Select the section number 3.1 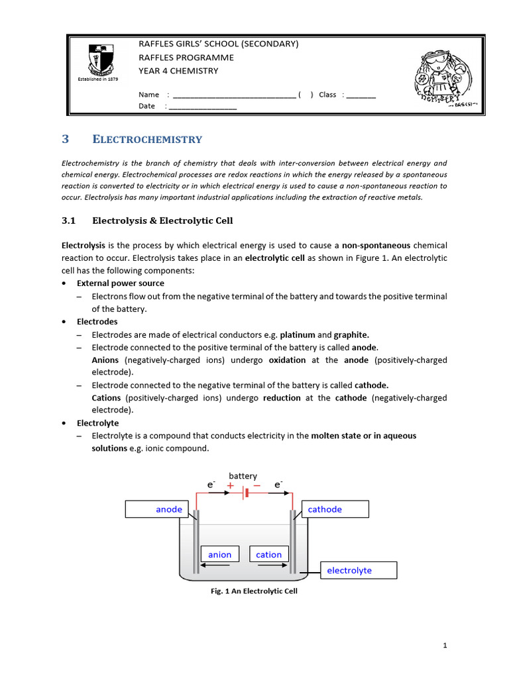click(x=70, y=220)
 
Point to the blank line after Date click(x=203, y=107)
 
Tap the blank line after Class click(x=361, y=95)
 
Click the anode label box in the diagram click(x=157, y=509)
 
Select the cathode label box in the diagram click(x=335, y=509)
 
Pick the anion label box click(x=219, y=555)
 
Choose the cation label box click(x=269, y=555)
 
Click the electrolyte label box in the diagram click(x=359, y=570)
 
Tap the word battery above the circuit click(x=243, y=476)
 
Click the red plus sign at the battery click(x=230, y=486)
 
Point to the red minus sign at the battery click(x=257, y=486)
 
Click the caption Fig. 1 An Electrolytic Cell click(x=254, y=591)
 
